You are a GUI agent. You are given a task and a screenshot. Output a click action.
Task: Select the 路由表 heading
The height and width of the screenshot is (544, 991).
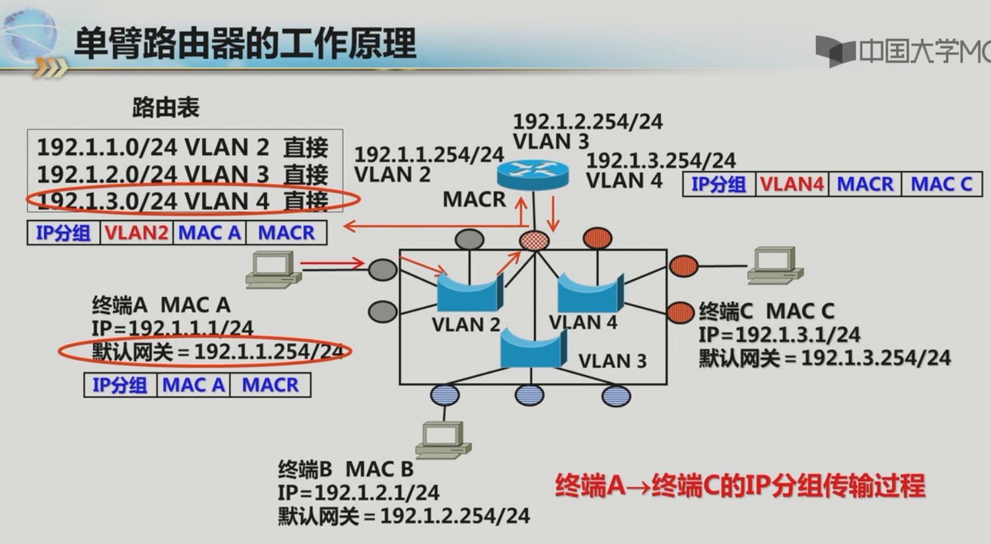point(166,108)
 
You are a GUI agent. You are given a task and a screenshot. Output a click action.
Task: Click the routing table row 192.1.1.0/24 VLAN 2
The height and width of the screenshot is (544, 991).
point(182,147)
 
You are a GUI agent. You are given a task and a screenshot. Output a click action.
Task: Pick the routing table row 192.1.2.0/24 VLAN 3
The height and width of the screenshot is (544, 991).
point(182,174)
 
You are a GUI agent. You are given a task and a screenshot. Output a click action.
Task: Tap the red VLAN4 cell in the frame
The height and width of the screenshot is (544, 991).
point(792,184)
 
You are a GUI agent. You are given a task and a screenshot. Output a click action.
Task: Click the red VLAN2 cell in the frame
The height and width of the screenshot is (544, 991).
point(136,233)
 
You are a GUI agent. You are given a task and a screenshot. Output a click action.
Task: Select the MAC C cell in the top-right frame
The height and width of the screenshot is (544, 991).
point(941,184)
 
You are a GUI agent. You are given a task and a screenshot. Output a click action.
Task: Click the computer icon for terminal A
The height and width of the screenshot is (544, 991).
point(273,269)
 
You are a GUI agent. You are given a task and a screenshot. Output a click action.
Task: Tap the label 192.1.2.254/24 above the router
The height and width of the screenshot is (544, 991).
point(588,121)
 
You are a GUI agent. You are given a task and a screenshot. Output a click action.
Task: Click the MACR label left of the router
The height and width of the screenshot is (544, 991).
point(474,199)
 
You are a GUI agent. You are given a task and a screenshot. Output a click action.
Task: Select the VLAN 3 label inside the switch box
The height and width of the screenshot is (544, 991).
point(612,361)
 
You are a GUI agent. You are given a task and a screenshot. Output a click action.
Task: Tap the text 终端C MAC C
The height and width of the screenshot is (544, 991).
point(766,311)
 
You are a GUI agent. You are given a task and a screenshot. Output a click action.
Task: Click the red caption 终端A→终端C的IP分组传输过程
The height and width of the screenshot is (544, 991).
point(739,487)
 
